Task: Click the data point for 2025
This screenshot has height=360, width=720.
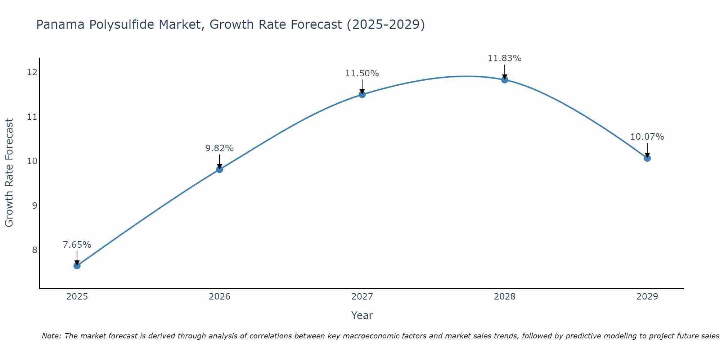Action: [77, 266]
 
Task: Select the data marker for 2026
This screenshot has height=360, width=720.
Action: [220, 169]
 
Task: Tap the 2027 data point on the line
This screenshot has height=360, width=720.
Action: [362, 94]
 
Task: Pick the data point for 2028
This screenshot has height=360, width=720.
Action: [505, 80]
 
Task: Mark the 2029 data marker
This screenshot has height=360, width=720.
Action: [647, 158]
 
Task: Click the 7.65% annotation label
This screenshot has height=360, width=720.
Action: [77, 245]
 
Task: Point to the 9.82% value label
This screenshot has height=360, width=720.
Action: [220, 148]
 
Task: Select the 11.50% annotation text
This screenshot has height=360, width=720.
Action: [362, 73]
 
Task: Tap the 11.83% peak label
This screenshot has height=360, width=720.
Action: [505, 58]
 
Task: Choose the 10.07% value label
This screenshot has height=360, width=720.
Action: [647, 137]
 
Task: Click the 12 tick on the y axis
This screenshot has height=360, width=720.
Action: [32, 72]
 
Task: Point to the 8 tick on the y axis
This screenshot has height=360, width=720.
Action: [35, 250]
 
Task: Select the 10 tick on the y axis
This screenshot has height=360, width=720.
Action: [32, 161]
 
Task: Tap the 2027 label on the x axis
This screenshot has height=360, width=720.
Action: [362, 297]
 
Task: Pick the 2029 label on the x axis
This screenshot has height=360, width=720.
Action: [647, 297]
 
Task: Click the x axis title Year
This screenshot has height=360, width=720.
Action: [362, 315]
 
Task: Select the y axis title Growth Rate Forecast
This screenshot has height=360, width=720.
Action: [9, 173]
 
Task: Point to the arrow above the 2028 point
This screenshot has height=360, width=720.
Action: [505, 71]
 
